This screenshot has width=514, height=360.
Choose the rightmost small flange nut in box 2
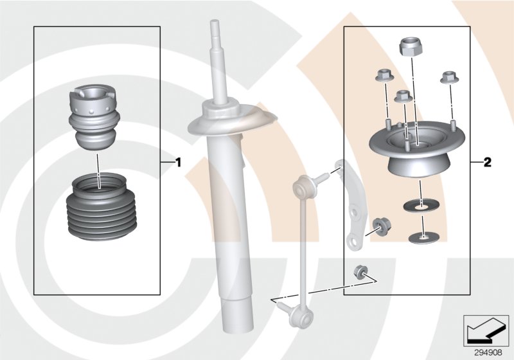448,78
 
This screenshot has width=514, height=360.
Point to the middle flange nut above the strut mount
403,97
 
